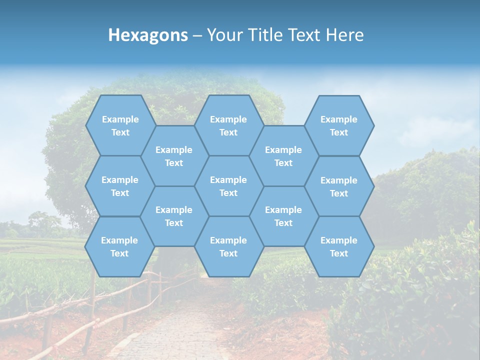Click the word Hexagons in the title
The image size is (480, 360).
[148, 35]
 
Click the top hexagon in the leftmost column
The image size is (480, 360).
[120, 125]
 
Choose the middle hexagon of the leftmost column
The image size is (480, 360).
[120, 186]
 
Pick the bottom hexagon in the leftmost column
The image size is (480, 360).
[119, 246]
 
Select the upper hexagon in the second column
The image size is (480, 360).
[174, 156]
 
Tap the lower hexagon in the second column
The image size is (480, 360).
[174, 216]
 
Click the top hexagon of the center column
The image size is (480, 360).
[228, 125]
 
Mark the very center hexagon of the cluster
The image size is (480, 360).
[228, 186]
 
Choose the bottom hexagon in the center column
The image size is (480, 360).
[228, 246]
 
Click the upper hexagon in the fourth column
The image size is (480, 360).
[283, 156]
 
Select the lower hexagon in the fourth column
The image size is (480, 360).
[283, 216]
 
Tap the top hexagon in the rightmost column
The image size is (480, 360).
[339, 125]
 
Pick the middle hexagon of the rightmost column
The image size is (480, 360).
[339, 186]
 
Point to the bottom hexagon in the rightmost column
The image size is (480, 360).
[339, 246]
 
